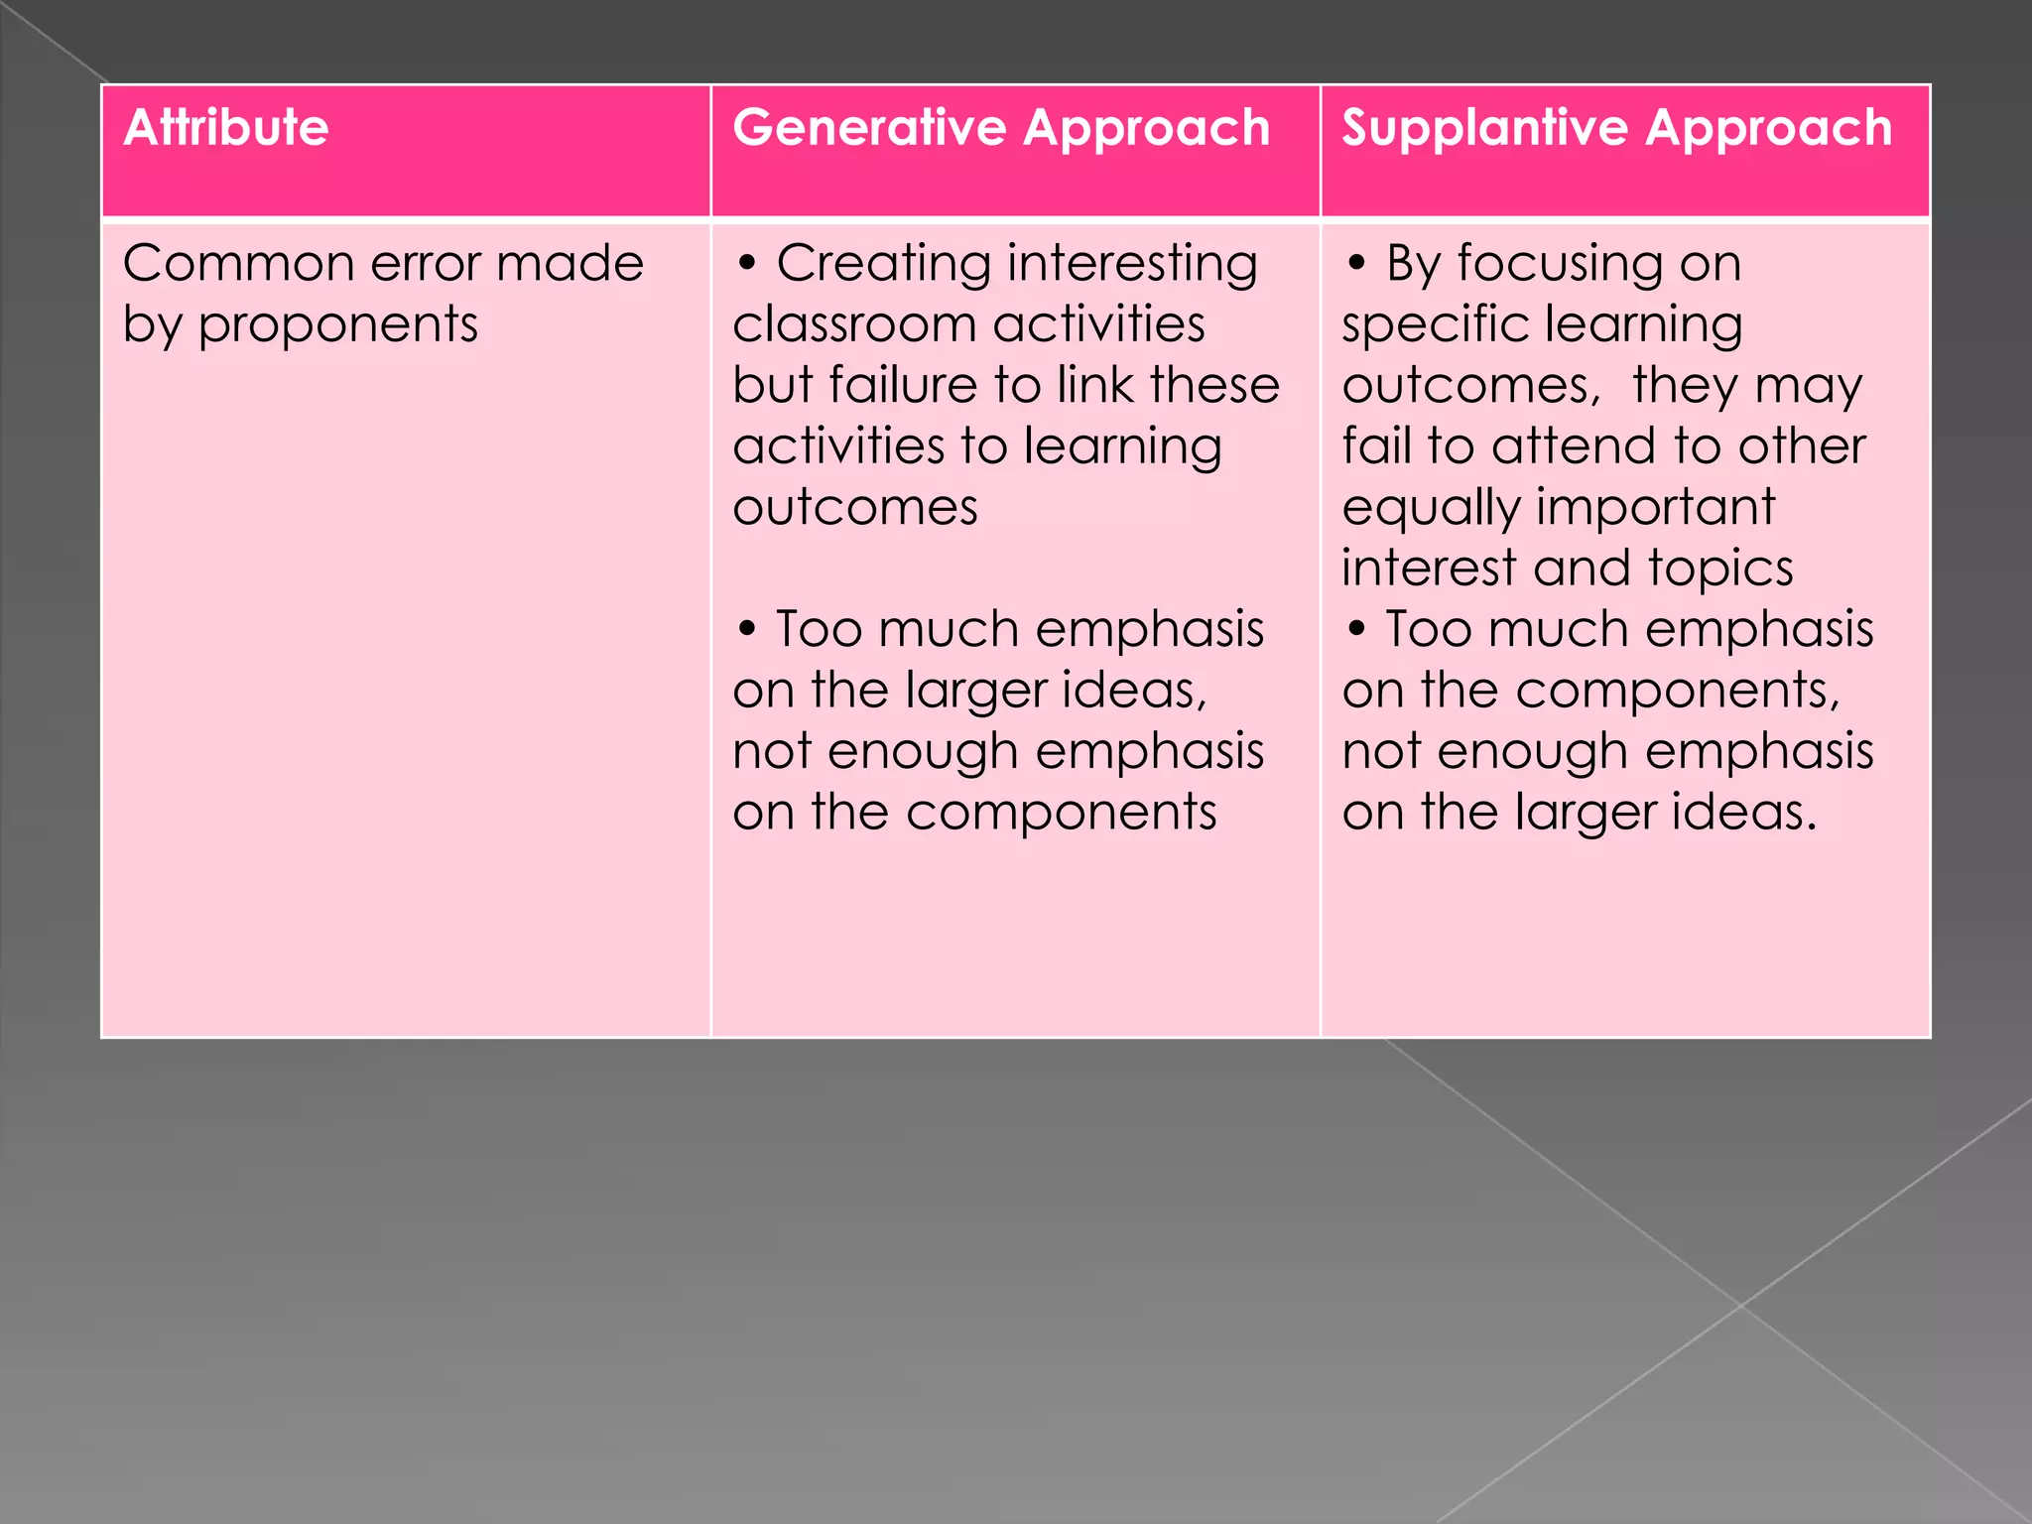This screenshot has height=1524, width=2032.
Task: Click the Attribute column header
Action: (x=226, y=128)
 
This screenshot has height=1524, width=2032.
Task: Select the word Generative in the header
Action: (x=869, y=128)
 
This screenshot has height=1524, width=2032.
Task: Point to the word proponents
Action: (x=338, y=326)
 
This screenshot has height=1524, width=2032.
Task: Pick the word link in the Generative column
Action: (x=1094, y=385)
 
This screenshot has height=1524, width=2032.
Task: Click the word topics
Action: (x=1720, y=570)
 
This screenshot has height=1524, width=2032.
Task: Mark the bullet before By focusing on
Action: (x=1356, y=264)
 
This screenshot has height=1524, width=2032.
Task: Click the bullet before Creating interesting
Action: (x=747, y=264)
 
